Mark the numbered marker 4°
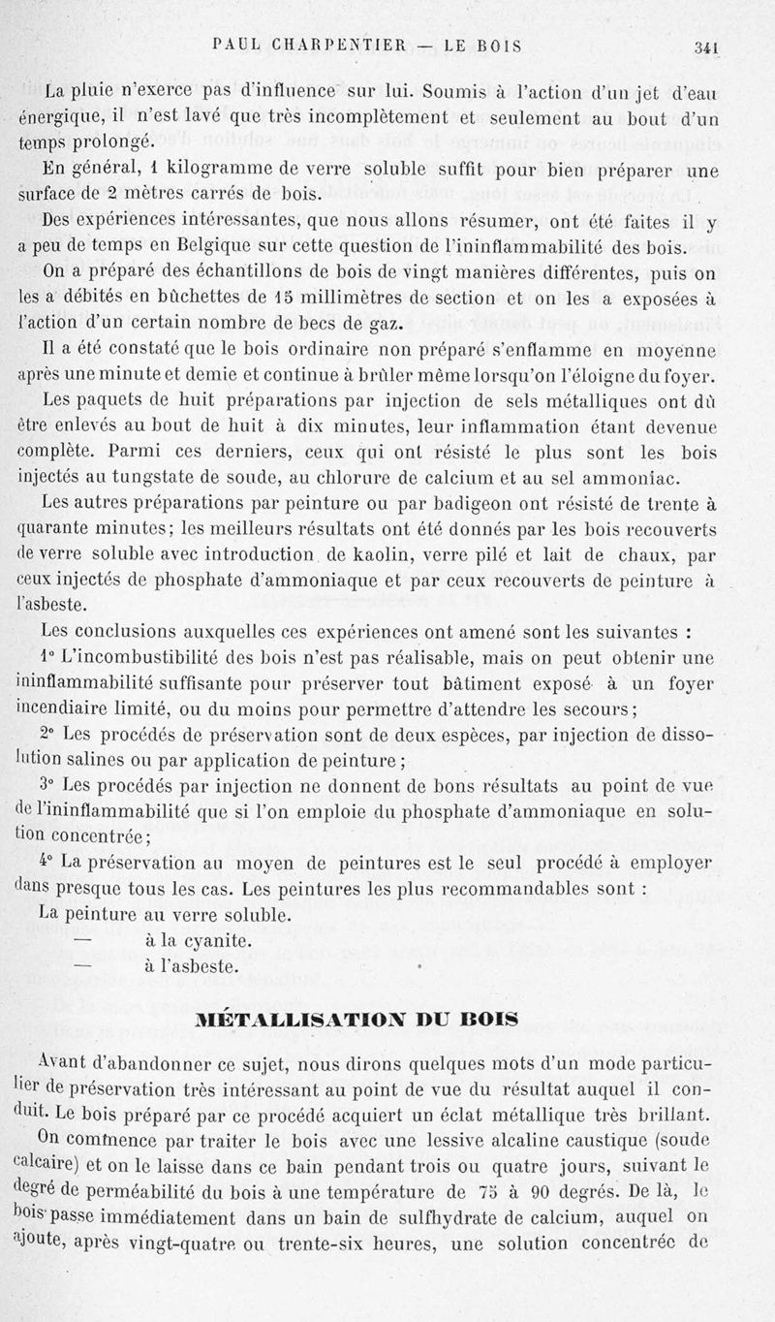(48, 862)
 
